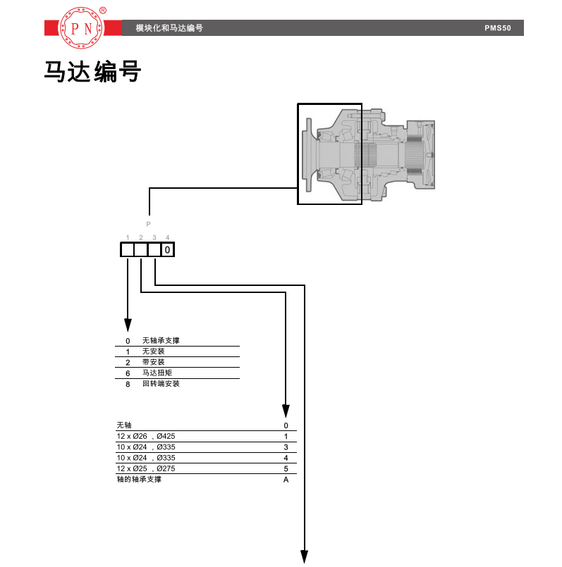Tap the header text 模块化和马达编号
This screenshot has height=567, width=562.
coord(169,29)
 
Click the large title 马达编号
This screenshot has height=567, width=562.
coord(92,72)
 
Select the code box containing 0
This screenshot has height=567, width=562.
coord(167,249)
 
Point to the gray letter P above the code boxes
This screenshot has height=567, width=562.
coord(148,224)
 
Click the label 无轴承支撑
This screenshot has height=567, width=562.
coord(161,341)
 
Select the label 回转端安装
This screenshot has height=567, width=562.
coord(161,384)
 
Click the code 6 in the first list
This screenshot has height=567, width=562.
coord(128,373)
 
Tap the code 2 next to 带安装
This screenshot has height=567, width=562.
coord(128,362)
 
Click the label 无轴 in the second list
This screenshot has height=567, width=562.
coord(123,425)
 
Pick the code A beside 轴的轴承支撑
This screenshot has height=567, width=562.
coord(286,480)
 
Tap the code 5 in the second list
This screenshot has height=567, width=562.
coord(286,468)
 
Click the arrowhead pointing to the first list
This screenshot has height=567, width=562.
coord(128,325)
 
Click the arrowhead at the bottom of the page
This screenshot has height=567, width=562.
coord(305,556)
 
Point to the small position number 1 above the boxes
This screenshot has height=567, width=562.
coord(128,237)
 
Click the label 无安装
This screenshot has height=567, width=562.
coord(153,351)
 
